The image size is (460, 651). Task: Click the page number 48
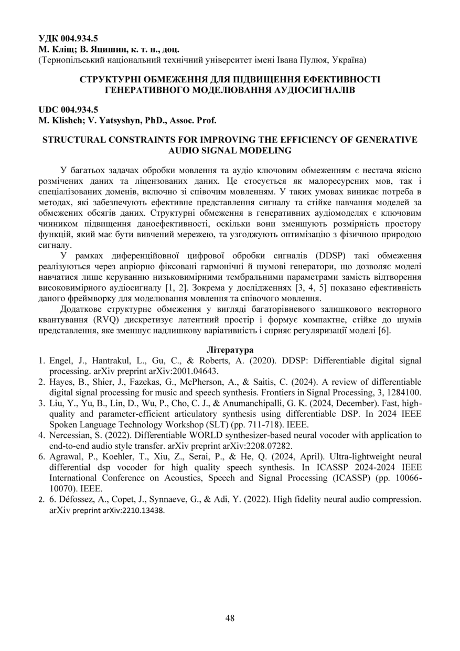pos(230,618)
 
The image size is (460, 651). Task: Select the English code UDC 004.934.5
pos(68,110)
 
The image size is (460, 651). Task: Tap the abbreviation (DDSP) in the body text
pos(331,256)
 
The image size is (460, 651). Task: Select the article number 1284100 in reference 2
pos(400,392)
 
